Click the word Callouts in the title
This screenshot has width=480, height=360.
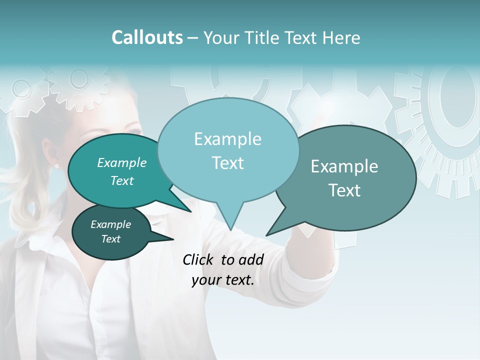click(147, 37)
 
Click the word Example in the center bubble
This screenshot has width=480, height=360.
click(227, 139)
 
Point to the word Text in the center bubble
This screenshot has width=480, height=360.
click(227, 163)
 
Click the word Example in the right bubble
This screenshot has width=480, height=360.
click(344, 166)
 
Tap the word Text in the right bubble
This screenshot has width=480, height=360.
click(345, 190)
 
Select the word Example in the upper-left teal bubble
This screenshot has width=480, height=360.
click(122, 162)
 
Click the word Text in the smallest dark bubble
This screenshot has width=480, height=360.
click(111, 239)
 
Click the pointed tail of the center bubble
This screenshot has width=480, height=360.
click(230, 227)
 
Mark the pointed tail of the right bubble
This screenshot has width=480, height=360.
click(268, 233)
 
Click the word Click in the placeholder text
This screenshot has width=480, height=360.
click(198, 259)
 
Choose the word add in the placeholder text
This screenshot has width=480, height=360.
click(251, 259)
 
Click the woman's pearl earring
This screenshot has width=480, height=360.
click(56, 165)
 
